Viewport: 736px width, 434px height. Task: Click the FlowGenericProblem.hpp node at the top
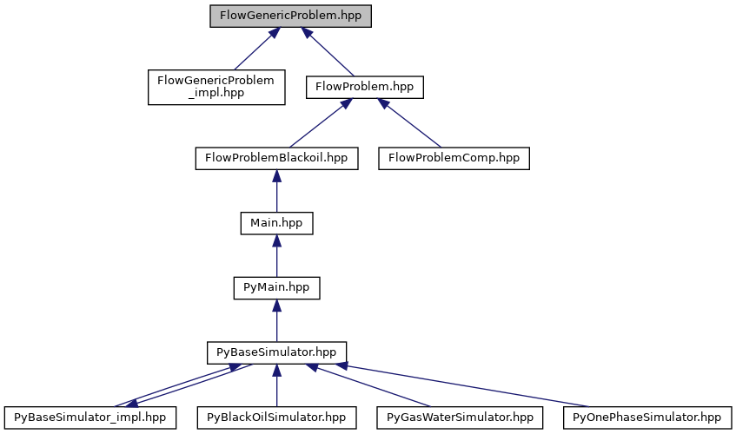tap(290, 16)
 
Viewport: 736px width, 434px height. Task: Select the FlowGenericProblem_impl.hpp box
tap(216, 87)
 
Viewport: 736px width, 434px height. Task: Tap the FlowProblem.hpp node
tap(364, 87)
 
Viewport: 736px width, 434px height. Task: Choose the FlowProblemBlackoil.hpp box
tap(275, 158)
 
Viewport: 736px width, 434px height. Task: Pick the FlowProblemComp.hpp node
tap(454, 158)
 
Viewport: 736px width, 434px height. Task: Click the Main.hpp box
tap(276, 223)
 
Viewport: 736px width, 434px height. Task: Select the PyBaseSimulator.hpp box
tap(276, 352)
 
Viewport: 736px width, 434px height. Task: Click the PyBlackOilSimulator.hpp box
tap(276, 418)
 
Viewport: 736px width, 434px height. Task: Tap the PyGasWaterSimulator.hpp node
tap(460, 418)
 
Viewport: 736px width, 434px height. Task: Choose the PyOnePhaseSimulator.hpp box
tap(646, 418)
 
